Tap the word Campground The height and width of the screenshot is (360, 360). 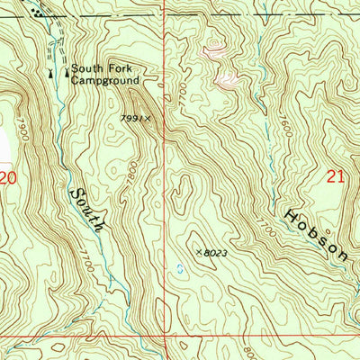105,80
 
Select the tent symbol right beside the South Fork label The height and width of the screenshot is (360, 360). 66,69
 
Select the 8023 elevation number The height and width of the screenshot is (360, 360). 215,255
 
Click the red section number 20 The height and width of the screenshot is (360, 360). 8,179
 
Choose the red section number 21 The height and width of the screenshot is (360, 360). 336,178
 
